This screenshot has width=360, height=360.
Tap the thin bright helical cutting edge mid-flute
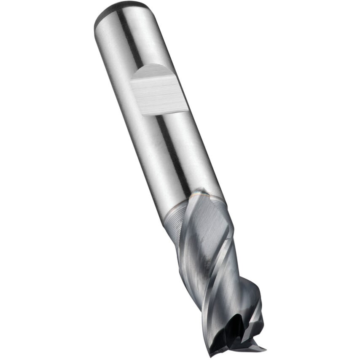pos(219,270)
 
